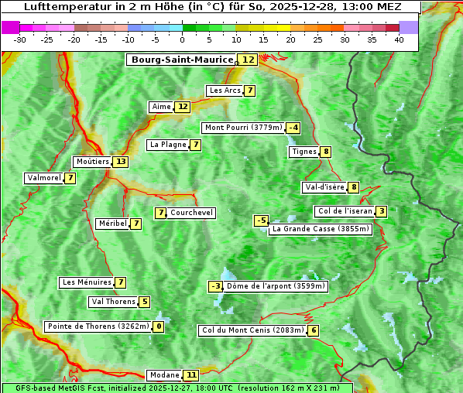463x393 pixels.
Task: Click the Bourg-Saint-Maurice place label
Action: pyautogui.click(x=182, y=60)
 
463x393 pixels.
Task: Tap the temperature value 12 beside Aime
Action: pyautogui.click(x=182, y=107)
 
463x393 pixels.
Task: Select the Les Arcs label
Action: pyautogui.click(x=225, y=91)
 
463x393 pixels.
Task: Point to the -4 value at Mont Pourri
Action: pyautogui.click(x=293, y=128)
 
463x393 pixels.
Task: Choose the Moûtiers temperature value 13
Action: pyautogui.click(x=120, y=162)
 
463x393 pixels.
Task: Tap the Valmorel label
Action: pyautogui.click(x=43, y=178)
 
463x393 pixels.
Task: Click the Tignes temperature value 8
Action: pyautogui.click(x=326, y=152)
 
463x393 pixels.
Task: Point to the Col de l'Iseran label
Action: pyautogui.click(x=345, y=211)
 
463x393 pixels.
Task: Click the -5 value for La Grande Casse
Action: pyautogui.click(x=262, y=220)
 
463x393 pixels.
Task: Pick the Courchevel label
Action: pyautogui.click(x=191, y=213)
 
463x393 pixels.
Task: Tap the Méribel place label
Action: pyautogui.click(x=111, y=224)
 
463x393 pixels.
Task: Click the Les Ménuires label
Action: pyautogui.click(x=86, y=282)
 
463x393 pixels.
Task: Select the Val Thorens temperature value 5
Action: pyautogui.click(x=144, y=302)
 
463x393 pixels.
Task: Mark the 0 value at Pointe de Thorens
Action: pyautogui.click(x=159, y=326)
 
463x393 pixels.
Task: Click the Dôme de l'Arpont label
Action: pyautogui.click(x=276, y=286)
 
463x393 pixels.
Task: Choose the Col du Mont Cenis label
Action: pyautogui.click(x=252, y=330)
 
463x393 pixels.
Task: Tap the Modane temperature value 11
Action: pyautogui.click(x=191, y=375)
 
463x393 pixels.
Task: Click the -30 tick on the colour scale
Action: pyautogui.click(x=20, y=39)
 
